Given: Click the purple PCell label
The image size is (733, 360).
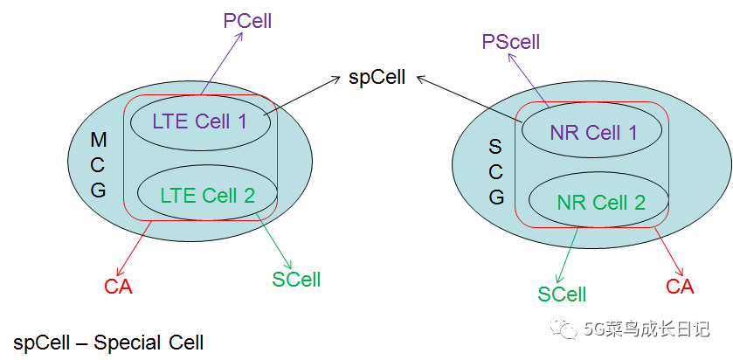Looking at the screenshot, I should [247, 21].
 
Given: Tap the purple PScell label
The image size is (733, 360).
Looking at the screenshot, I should [511, 41].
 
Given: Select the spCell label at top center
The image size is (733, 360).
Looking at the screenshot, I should [377, 77].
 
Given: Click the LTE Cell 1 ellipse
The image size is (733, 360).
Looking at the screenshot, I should [199, 121].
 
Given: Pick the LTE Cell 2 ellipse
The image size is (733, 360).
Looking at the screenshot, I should [207, 195].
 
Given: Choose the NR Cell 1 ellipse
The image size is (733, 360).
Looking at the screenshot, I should [593, 133].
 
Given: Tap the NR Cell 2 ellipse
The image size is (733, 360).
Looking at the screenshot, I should [600, 203].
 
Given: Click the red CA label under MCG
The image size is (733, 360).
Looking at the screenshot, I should [118, 287].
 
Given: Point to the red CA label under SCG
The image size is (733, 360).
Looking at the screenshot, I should [680, 286].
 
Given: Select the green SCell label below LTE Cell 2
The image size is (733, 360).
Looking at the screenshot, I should [296, 280].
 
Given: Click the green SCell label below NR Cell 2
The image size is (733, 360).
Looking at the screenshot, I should [561, 294].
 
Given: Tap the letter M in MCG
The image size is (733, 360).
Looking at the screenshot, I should [99, 140].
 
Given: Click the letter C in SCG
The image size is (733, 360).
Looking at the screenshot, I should [496, 172].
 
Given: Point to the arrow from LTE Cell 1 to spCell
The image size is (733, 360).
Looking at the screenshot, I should [301, 96].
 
